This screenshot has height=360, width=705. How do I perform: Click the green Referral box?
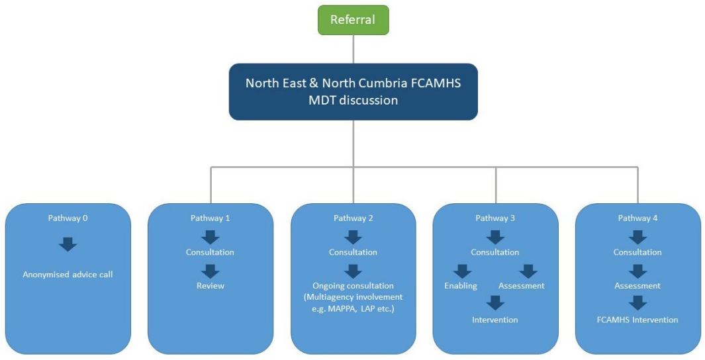[353, 20]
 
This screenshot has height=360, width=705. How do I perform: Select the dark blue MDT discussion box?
[353, 91]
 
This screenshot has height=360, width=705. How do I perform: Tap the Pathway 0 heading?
[68, 218]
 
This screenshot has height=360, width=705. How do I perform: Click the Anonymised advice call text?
[68, 274]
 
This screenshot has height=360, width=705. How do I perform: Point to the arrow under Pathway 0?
[68, 244]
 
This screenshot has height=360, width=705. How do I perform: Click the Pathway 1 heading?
[210, 218]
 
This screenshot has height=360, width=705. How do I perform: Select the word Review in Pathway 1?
[210, 286]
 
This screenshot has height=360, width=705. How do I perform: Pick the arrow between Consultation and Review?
[210, 270]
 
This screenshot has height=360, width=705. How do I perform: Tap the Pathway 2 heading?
[353, 218]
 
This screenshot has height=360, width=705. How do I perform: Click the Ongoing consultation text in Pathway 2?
[353, 286]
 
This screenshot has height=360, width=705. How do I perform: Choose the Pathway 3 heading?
[495, 218]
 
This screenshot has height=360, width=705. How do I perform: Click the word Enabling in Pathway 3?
[461, 286]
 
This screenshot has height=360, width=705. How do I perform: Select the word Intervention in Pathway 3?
[495, 320]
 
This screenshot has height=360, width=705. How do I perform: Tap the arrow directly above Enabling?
[462, 270]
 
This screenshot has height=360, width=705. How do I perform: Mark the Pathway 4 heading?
[637, 218]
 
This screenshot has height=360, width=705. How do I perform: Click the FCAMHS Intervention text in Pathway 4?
[637, 320]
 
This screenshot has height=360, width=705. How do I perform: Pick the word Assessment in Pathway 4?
[637, 286]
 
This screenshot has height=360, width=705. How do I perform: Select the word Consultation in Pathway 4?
[637, 252]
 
